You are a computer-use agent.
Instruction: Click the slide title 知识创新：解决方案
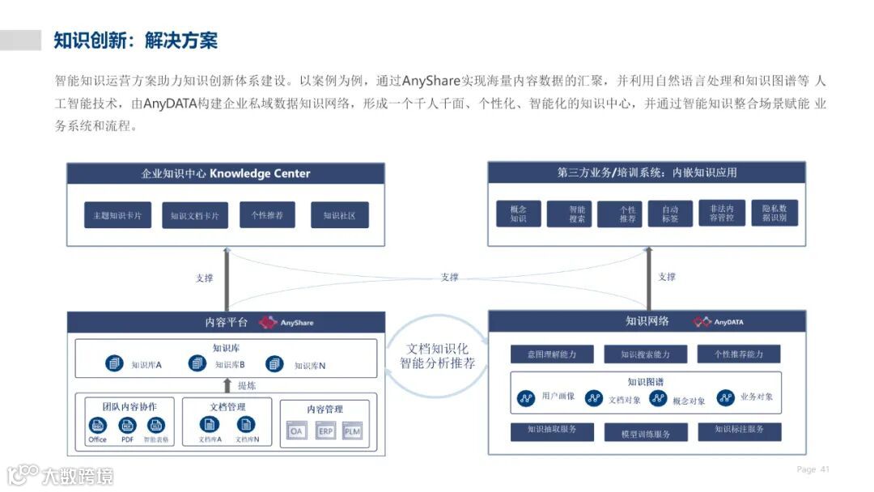click(x=135, y=40)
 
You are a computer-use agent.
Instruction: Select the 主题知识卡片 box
click(x=117, y=215)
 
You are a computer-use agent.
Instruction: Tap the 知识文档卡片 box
click(x=195, y=216)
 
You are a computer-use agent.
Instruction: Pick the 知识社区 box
click(x=340, y=215)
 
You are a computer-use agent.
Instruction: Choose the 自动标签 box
click(x=671, y=214)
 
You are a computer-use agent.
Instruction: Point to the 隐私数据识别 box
click(x=774, y=213)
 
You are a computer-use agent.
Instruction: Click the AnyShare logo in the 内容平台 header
click(x=286, y=322)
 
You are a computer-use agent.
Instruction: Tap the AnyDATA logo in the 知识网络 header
click(x=718, y=321)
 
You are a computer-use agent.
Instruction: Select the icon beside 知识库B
click(x=197, y=364)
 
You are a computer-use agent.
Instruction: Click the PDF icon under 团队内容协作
click(x=127, y=426)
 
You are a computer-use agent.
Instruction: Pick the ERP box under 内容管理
click(x=325, y=432)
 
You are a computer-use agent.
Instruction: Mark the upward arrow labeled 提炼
click(x=227, y=385)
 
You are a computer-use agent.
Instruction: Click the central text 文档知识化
click(x=437, y=348)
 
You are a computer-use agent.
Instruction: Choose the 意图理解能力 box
click(x=553, y=354)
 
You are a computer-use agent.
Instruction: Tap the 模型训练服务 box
click(x=645, y=434)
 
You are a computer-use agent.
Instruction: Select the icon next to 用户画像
click(x=526, y=397)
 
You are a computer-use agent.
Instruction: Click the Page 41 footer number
click(x=813, y=469)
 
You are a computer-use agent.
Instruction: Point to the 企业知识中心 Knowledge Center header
click(x=226, y=173)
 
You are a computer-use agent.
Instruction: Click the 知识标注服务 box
click(x=739, y=430)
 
